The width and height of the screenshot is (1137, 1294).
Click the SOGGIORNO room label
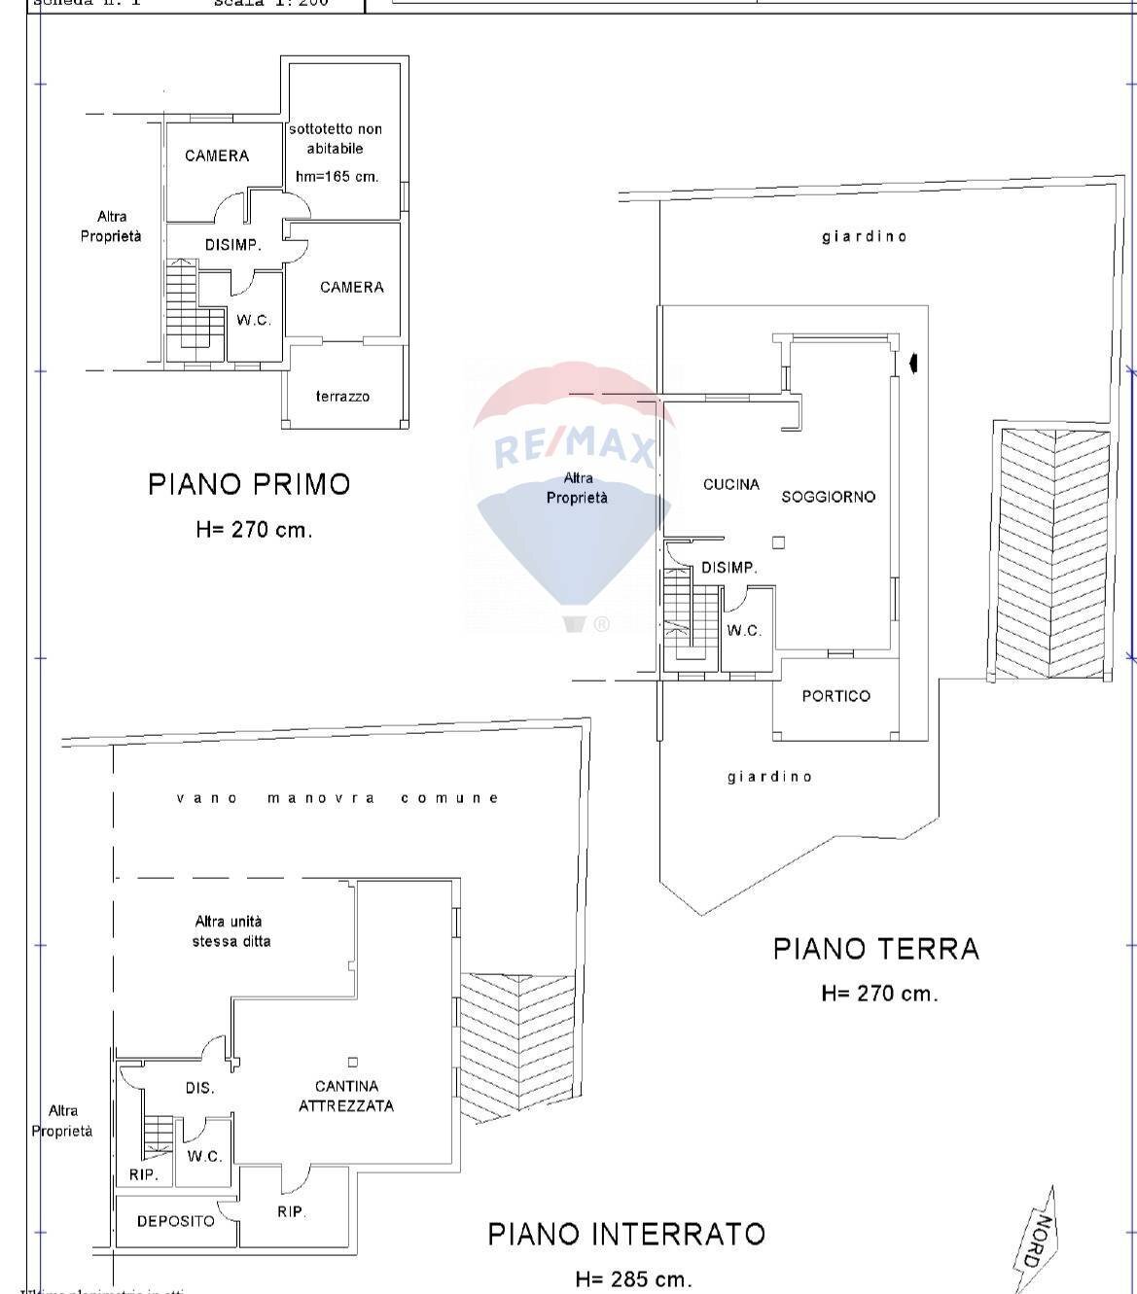[x=828, y=497]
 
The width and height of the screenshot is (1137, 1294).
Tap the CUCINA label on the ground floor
[x=730, y=484]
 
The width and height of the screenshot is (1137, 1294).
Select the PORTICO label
[x=835, y=696]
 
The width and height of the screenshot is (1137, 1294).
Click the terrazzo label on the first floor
[x=342, y=397]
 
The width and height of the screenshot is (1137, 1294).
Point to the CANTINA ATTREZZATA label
[x=346, y=1096]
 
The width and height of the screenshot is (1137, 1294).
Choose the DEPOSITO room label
[x=175, y=1221]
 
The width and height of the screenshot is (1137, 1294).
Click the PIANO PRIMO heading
[x=249, y=484]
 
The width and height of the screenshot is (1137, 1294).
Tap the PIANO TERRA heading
[x=875, y=949]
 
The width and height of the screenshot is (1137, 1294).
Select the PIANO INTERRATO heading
[x=626, y=1235]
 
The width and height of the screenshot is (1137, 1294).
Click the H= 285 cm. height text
[x=633, y=1279]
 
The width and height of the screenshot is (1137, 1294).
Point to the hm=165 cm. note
[x=337, y=177]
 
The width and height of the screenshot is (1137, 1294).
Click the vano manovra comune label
[x=338, y=798]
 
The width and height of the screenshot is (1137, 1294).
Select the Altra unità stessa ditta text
[x=231, y=931]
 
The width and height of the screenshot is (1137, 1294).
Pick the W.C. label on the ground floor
[x=744, y=631]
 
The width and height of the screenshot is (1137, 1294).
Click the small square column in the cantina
[x=352, y=1062]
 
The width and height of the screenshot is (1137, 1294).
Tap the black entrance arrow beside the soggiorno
[x=912, y=364]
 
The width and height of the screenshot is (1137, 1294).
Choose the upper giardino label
[x=864, y=236]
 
